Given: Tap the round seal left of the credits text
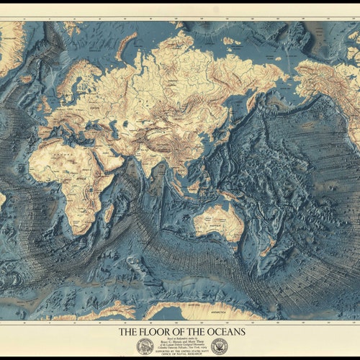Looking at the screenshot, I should click(x=145, y=346).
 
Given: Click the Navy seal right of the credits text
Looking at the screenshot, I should click(x=219, y=346).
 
